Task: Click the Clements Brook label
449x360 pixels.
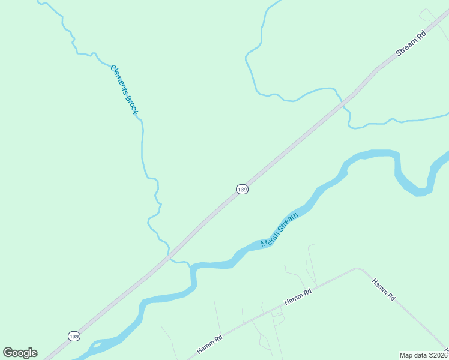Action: (x=124, y=89)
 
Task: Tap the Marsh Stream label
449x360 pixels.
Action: (x=279, y=230)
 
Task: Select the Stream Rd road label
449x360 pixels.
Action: (x=411, y=44)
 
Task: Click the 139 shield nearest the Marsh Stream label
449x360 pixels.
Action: (x=241, y=189)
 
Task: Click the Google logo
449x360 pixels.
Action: (x=20, y=353)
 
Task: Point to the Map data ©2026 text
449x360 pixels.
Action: (x=423, y=355)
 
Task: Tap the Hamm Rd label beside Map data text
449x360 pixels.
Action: (x=382, y=289)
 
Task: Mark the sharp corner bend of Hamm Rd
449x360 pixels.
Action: (x=357, y=269)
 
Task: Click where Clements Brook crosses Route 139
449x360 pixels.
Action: (x=169, y=254)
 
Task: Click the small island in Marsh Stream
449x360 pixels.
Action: (x=96, y=344)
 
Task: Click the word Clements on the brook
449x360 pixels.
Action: (x=119, y=80)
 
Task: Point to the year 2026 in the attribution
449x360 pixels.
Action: (x=439, y=355)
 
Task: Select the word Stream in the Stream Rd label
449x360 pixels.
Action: (x=406, y=48)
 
